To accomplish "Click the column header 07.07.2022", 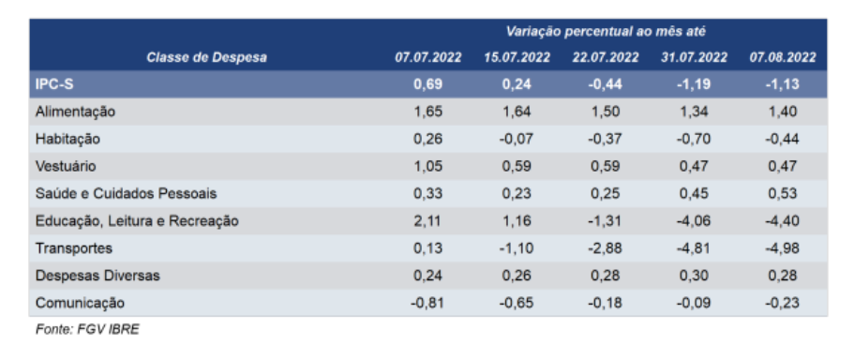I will (427, 57).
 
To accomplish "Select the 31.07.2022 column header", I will (696, 57).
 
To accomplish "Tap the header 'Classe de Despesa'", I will (206, 57).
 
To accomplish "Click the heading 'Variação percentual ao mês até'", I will (605, 32).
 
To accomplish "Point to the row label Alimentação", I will (75, 112).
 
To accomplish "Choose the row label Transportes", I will (73, 248).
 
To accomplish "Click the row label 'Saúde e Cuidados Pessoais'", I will (126, 194).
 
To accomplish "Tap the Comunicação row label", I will (79, 303).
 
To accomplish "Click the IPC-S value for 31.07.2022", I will (696, 84).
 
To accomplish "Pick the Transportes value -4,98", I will (783, 248).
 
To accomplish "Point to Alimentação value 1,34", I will (696, 112).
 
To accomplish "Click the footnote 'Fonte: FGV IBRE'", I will (86, 330).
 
